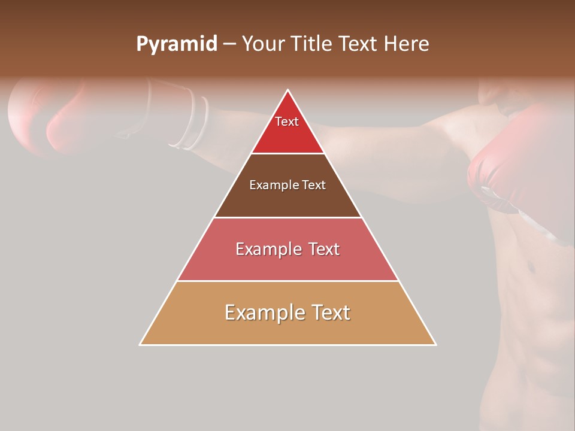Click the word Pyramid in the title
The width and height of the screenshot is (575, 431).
tap(176, 44)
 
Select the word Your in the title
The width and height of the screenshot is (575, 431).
tap(263, 44)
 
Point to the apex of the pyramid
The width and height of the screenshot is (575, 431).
tap(288, 90)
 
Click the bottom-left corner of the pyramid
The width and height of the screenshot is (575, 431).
tap(140, 344)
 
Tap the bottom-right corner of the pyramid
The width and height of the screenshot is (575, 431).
tap(435, 344)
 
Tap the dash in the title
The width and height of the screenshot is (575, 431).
tap(229, 44)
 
